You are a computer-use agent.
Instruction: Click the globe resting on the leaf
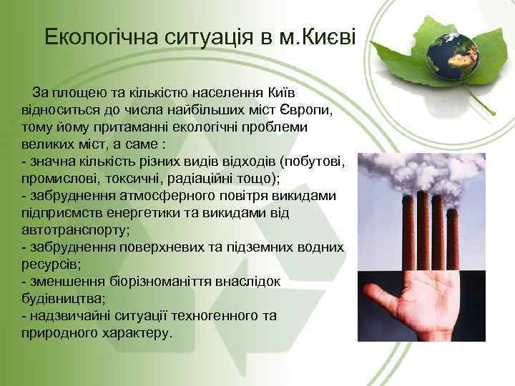(453, 49)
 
